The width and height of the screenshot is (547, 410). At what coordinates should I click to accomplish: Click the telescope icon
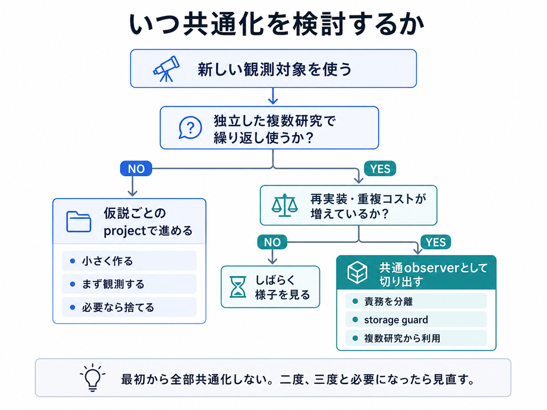(x=167, y=69)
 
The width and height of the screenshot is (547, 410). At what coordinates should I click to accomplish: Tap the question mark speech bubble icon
(x=190, y=128)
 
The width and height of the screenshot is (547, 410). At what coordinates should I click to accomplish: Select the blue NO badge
(x=136, y=168)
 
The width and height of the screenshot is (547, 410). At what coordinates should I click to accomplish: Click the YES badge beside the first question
(x=380, y=168)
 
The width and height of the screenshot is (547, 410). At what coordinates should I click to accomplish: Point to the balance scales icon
(x=285, y=206)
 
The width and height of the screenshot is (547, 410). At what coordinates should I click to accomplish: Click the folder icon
(x=79, y=222)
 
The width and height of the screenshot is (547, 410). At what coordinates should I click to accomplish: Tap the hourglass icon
(x=238, y=287)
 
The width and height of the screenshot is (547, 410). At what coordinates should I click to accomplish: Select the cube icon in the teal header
(x=357, y=272)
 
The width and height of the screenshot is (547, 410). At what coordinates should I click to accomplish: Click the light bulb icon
(x=92, y=377)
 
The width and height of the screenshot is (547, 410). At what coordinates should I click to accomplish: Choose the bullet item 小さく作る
(x=129, y=261)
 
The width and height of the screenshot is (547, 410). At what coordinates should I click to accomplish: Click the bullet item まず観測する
(x=129, y=284)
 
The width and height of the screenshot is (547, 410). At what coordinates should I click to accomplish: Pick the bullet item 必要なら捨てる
(x=129, y=307)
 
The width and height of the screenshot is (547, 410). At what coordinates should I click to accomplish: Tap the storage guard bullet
(x=416, y=320)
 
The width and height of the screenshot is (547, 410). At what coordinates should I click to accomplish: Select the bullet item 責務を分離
(x=416, y=301)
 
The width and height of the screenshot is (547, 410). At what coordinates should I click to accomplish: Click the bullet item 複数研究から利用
(x=416, y=338)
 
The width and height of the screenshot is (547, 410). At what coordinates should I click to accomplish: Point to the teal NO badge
(x=272, y=242)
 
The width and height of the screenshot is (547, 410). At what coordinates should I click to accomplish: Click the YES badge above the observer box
(x=436, y=242)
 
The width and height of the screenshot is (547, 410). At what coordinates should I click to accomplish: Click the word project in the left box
(x=124, y=231)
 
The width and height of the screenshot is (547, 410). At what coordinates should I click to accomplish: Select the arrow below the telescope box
(x=273, y=96)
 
